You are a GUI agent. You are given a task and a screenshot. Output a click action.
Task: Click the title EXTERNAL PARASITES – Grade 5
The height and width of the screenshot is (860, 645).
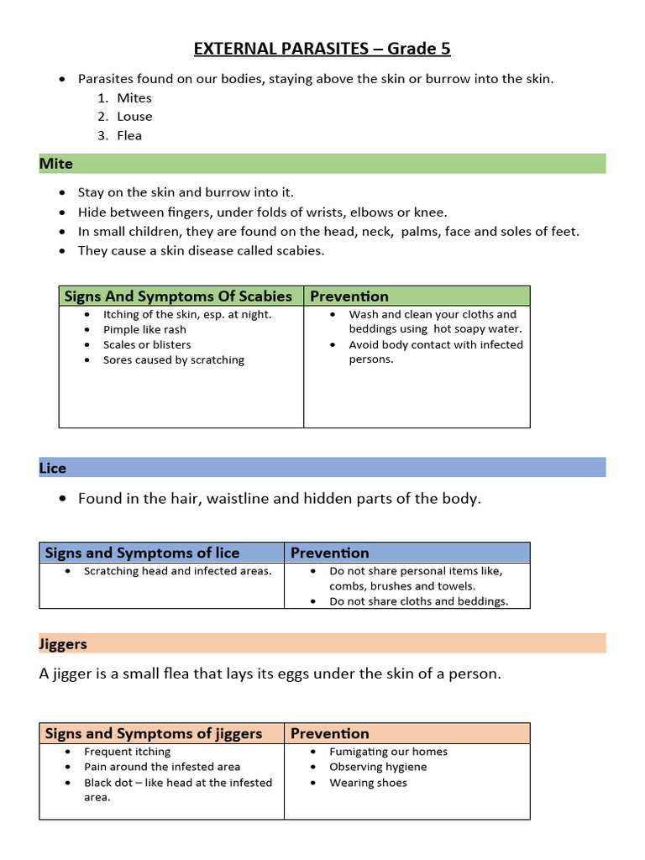click(322, 49)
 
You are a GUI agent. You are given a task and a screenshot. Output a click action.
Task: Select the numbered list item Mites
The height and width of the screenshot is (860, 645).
click(134, 98)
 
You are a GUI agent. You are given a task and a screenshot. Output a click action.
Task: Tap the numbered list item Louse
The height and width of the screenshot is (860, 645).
click(134, 117)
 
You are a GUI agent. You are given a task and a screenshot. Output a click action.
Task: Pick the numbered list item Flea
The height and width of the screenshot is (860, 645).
click(129, 135)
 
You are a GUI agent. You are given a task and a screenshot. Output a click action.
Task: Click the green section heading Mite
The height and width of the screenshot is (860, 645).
click(56, 164)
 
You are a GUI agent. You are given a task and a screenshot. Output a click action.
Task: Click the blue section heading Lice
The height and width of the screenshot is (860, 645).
click(53, 468)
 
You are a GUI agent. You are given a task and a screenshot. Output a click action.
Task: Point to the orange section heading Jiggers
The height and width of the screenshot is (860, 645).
click(63, 644)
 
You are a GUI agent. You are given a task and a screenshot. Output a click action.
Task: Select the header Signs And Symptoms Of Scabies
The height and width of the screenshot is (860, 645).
click(178, 296)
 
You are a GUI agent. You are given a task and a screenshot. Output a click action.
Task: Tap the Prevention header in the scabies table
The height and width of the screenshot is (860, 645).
click(349, 296)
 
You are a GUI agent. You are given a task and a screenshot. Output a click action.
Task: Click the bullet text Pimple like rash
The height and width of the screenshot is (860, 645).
click(144, 329)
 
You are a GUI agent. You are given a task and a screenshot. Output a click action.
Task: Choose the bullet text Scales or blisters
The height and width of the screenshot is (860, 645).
click(147, 344)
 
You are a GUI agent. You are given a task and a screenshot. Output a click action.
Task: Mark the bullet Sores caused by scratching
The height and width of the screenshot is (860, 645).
click(174, 359)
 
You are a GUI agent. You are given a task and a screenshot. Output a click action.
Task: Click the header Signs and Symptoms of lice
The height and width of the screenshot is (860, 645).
click(142, 553)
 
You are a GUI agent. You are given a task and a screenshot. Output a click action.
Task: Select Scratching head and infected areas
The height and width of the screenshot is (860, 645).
click(178, 571)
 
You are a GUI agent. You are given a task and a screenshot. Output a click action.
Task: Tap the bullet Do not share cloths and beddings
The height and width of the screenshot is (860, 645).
click(418, 601)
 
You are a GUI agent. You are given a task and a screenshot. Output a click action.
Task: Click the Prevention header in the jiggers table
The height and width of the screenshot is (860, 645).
click(330, 733)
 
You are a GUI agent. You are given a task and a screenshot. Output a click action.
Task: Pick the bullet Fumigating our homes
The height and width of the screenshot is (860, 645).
click(388, 752)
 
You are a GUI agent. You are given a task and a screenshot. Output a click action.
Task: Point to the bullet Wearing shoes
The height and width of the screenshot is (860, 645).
click(368, 783)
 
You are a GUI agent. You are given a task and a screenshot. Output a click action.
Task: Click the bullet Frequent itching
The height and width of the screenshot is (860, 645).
click(128, 752)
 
